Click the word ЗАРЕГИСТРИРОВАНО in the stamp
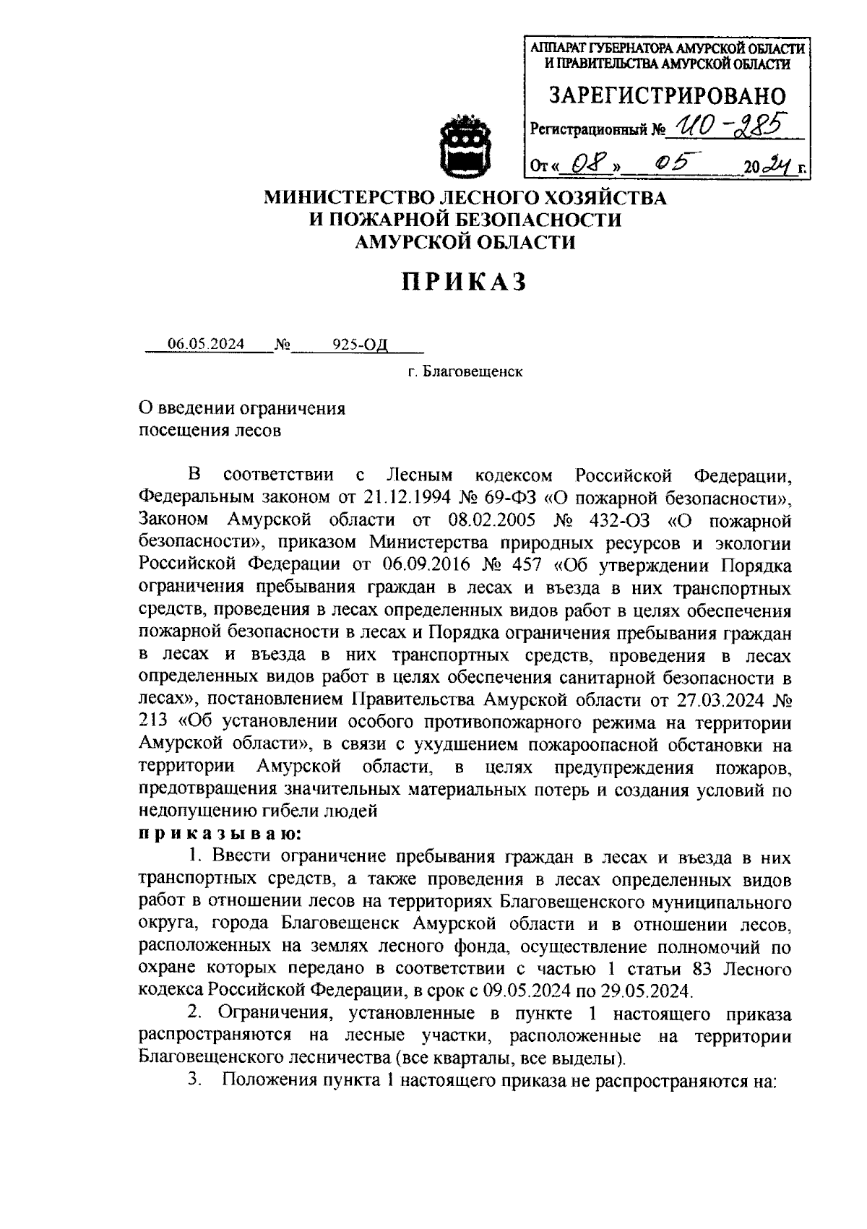pos(668,95)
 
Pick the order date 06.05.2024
pos(206,344)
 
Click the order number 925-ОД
pos(359,344)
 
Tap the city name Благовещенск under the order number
pos(473,373)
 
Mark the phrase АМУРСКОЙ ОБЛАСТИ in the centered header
pos(465,242)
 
